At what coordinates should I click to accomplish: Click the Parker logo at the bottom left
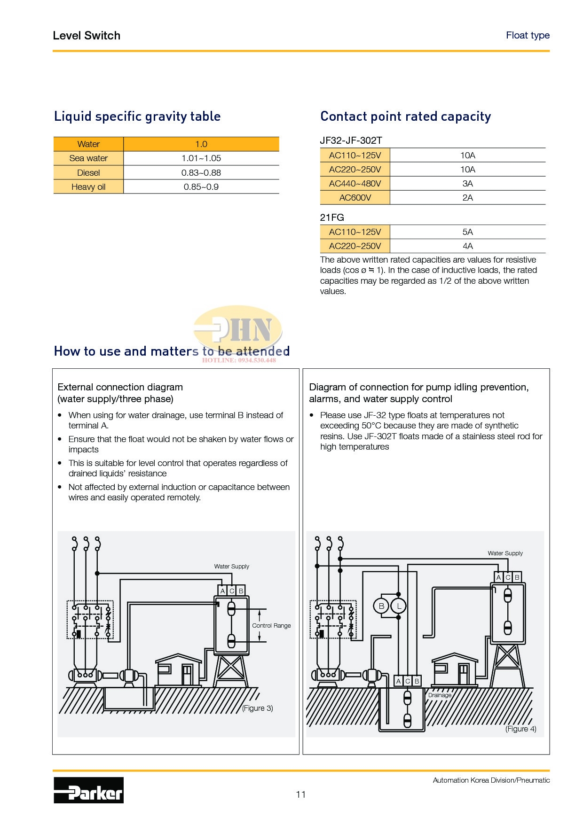(x=88, y=790)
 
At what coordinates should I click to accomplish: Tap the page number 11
(x=301, y=794)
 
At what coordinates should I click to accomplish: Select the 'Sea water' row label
(x=88, y=158)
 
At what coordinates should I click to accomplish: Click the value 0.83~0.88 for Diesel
(x=201, y=172)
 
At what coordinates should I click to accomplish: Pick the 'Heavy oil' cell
(x=88, y=187)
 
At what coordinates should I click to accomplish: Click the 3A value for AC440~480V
(x=467, y=183)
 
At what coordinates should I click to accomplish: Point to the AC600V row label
(x=355, y=197)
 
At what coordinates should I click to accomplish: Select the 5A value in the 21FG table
(x=467, y=232)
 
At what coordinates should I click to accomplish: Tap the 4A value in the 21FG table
(x=467, y=246)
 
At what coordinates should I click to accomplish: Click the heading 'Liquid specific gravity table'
(x=137, y=117)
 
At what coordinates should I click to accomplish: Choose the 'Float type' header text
(x=528, y=35)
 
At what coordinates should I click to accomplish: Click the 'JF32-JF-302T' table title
(x=351, y=140)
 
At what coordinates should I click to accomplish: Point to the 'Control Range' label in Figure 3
(x=271, y=625)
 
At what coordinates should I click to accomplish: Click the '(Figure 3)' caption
(x=257, y=708)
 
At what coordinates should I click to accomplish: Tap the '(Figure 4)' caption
(x=520, y=729)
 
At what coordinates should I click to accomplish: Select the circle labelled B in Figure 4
(x=381, y=606)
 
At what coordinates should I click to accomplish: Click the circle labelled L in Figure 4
(x=399, y=606)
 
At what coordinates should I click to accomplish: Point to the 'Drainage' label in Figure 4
(x=440, y=695)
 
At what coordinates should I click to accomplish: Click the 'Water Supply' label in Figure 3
(x=232, y=566)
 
